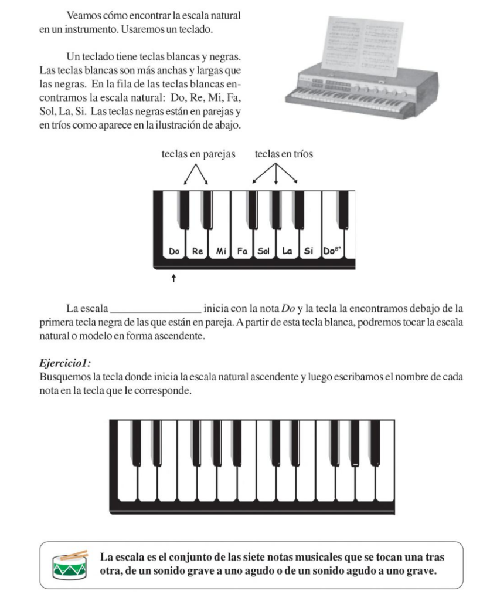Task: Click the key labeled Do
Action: (x=174, y=251)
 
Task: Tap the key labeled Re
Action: (x=198, y=251)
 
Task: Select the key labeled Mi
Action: (x=221, y=251)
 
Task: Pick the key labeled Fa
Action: (x=242, y=251)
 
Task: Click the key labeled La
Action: (x=287, y=251)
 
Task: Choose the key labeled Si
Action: (x=309, y=251)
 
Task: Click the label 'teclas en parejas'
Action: (x=198, y=154)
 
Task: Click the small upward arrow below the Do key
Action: (x=173, y=278)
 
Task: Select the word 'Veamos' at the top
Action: (x=83, y=14)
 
